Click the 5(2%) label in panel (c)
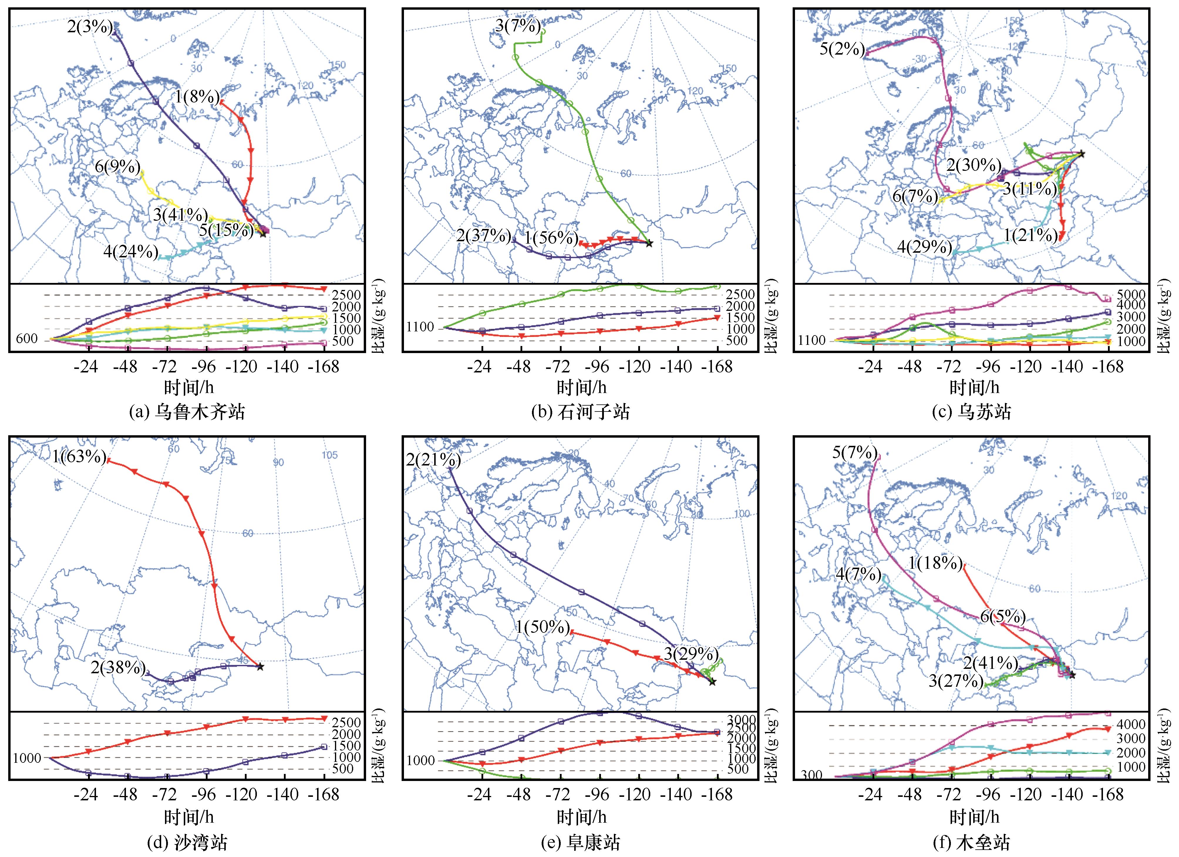point(842,50)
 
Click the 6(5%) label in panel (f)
point(1003,617)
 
